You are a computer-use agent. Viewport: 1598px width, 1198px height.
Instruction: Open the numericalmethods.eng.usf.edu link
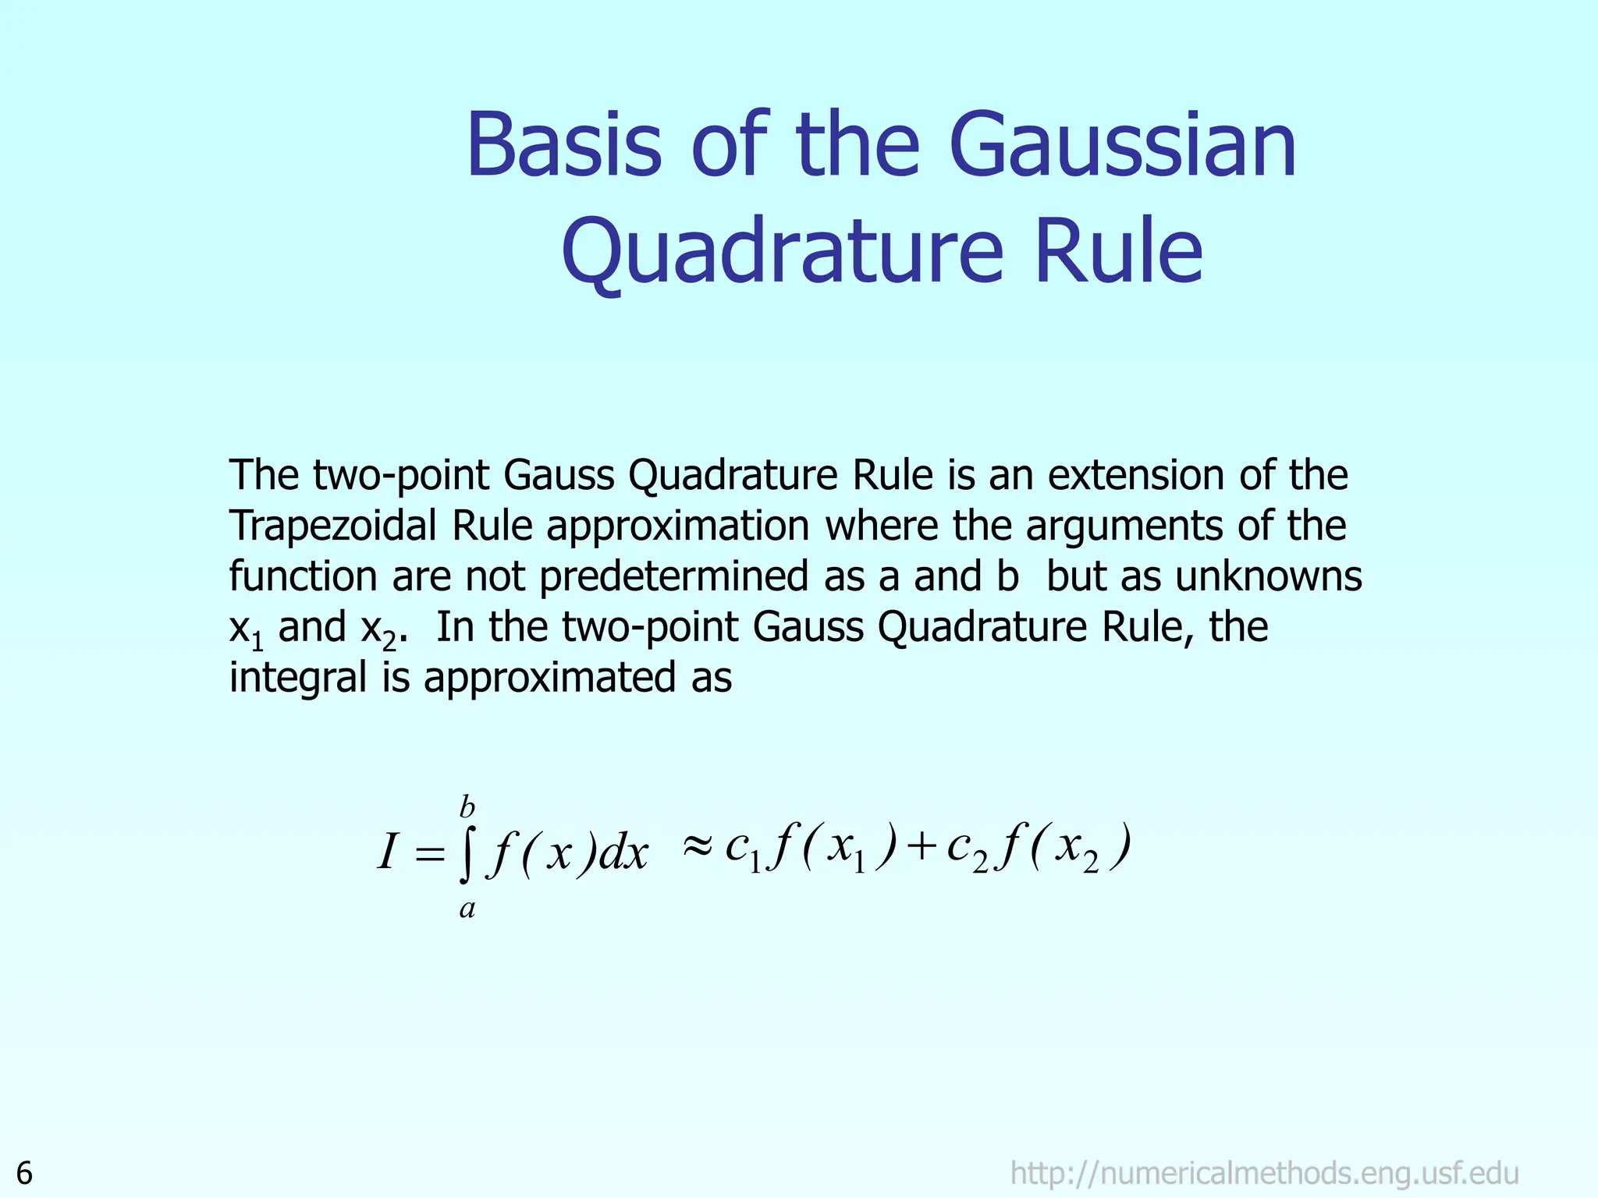click(1264, 1173)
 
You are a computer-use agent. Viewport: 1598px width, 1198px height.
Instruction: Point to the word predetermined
click(674, 576)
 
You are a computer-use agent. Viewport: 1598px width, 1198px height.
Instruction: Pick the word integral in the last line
click(297, 677)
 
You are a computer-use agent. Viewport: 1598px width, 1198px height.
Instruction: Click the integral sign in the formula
click(467, 855)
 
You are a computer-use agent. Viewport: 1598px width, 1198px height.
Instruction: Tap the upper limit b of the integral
click(467, 806)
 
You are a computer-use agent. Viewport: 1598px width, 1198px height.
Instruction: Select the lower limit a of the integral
click(467, 909)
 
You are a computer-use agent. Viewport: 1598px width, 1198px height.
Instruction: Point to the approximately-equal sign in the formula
click(698, 845)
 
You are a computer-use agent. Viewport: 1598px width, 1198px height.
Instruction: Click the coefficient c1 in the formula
click(742, 849)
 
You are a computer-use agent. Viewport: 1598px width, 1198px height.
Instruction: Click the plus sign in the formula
click(922, 846)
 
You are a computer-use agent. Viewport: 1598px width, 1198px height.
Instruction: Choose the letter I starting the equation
click(388, 852)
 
